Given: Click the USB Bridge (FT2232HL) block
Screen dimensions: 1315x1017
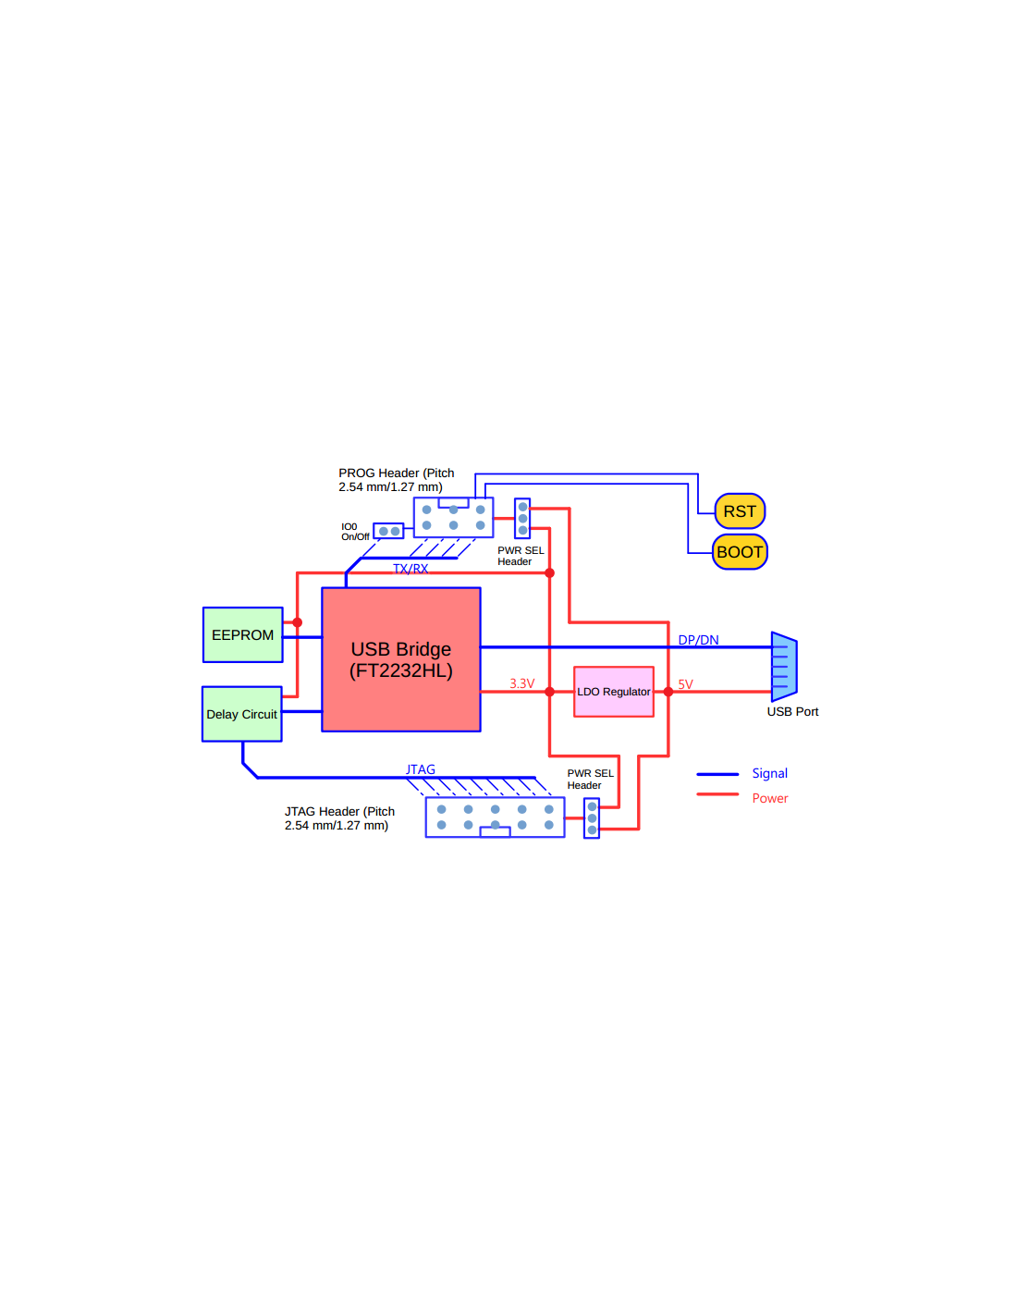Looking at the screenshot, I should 400,659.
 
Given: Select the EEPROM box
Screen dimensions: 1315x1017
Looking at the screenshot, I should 242,634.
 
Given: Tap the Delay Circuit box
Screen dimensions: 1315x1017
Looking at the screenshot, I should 241,714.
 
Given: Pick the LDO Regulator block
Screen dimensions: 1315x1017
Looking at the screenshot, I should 614,692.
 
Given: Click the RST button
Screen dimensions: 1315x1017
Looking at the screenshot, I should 740,510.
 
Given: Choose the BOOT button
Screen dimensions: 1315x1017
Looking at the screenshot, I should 740,552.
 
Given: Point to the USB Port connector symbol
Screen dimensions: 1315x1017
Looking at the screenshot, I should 783,667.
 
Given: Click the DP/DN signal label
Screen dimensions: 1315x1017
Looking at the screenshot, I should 698,640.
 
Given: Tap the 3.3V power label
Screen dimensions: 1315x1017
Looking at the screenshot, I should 521,683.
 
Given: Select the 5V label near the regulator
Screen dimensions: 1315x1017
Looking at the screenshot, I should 685,684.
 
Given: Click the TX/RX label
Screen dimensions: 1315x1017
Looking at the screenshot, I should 410,569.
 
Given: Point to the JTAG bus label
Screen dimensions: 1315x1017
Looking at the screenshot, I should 421,769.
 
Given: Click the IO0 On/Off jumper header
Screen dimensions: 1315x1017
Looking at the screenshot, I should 388,532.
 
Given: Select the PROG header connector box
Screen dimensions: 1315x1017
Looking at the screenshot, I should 453,518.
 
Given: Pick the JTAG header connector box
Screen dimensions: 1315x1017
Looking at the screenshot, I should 495,817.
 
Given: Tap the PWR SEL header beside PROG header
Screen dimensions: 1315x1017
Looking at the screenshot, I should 522,519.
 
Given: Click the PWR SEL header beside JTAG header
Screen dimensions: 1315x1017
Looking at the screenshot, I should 592,818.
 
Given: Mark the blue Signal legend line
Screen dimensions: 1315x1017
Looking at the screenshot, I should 717,774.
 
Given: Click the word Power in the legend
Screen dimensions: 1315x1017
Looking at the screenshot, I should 769,798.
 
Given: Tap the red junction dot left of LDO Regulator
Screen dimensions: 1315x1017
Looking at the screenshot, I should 549,692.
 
